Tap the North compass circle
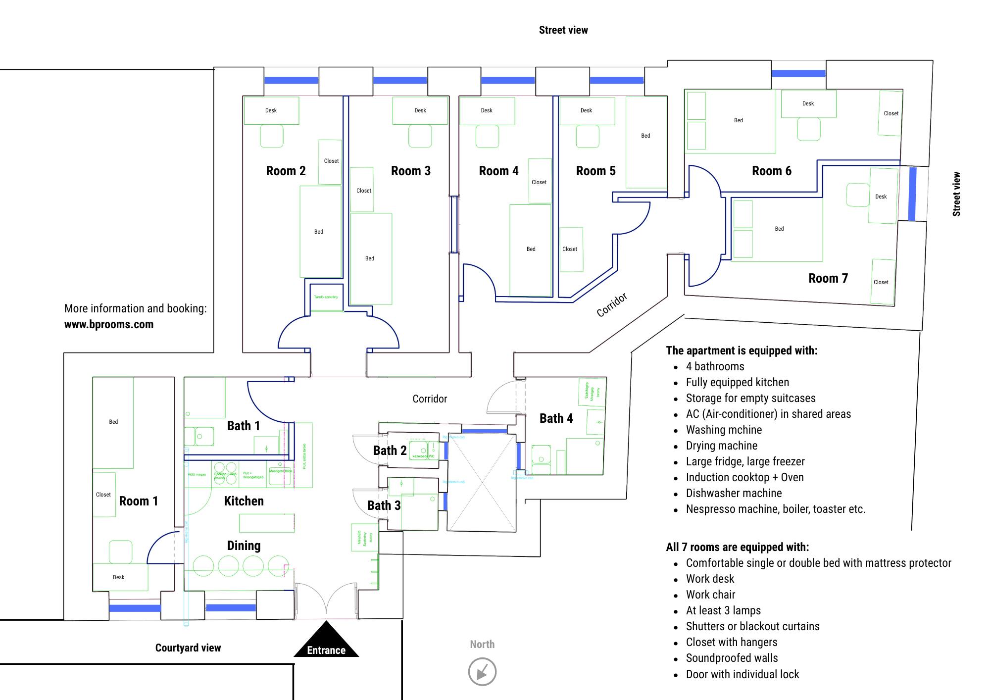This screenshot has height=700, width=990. point(482,672)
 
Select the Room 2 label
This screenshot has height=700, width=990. point(286,171)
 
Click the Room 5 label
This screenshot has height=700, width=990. point(595,171)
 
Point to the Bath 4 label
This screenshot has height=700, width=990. point(556,419)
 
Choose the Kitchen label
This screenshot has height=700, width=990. point(244,501)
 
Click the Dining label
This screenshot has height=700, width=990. point(244,546)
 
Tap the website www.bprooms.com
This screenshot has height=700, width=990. point(109,325)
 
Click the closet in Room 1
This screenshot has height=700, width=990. point(104,495)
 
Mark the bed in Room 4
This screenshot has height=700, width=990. point(531,250)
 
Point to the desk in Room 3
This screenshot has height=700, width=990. point(420,110)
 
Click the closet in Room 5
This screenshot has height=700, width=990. point(570,249)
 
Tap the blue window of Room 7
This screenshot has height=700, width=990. point(912,194)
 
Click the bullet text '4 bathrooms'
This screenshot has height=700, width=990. point(715,367)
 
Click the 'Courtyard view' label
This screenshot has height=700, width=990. point(188,648)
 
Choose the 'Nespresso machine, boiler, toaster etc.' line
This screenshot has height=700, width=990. point(775,509)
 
